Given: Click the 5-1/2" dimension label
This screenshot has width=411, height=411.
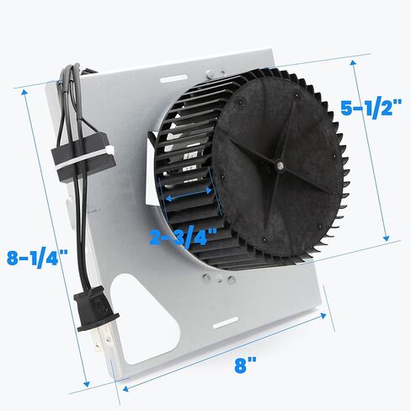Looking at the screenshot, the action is click(371, 108).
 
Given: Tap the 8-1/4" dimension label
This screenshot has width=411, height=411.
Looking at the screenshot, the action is click(37, 259).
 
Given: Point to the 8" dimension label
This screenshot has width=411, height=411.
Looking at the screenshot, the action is click(245, 366).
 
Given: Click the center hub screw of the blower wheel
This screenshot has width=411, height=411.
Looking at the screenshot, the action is click(280, 165).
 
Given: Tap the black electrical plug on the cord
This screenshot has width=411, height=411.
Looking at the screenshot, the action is click(96, 311).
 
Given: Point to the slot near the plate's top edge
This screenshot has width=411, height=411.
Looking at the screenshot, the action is click(173, 78).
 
